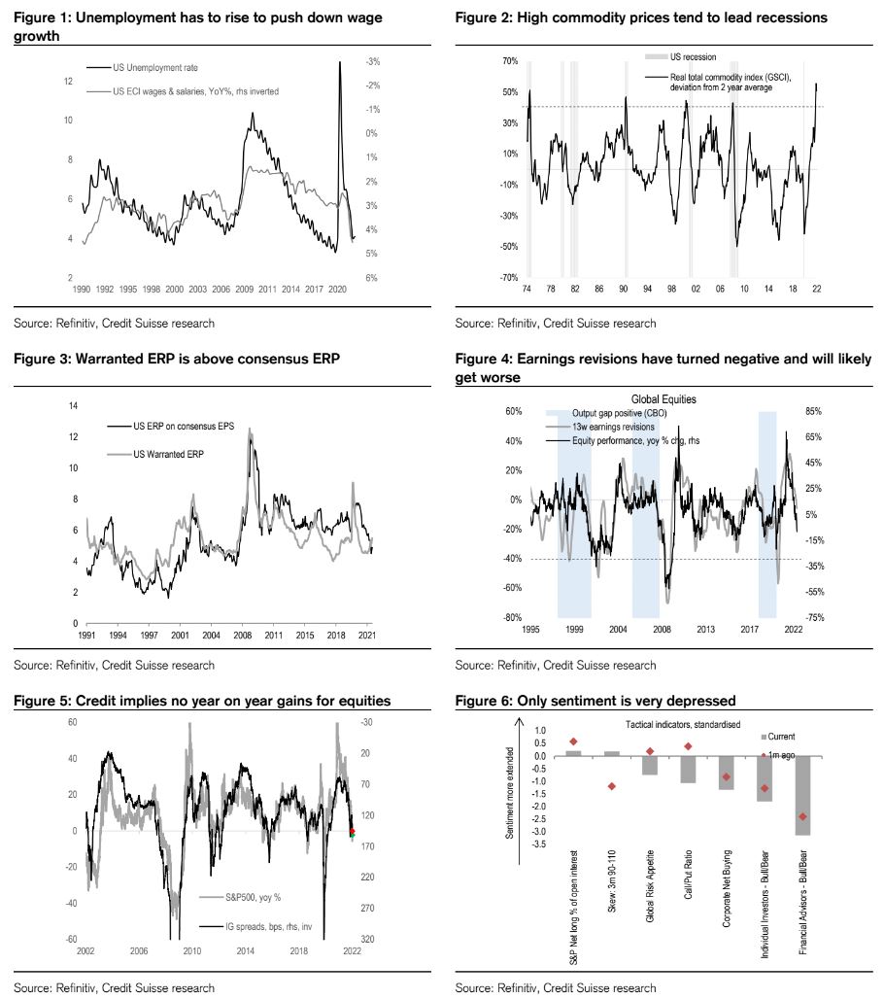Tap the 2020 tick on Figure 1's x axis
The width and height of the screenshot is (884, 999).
(338, 290)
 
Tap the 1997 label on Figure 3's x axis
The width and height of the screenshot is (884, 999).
(149, 634)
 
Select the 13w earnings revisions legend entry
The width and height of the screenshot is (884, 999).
(615, 425)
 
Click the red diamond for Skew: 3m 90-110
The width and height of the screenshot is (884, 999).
(612, 786)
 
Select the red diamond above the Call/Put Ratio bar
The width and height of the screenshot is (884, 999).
(688, 746)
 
